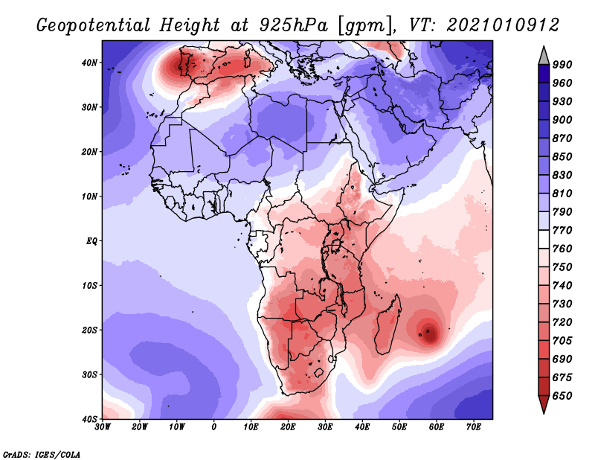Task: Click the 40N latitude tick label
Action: (89, 63)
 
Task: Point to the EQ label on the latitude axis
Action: (91, 241)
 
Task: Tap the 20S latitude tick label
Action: (89, 330)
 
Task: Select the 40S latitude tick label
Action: (89, 419)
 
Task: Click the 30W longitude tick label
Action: (103, 427)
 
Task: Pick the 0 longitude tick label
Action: (214, 427)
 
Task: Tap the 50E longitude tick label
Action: (399, 427)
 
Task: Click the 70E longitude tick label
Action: (474, 427)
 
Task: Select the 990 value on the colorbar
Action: (562, 65)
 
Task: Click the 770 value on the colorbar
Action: (562, 230)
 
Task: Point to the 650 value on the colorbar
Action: (562, 396)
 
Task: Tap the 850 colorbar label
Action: (562, 156)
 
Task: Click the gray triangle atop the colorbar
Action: (544, 57)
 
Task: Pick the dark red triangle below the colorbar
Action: (544, 403)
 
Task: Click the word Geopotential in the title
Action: (94, 25)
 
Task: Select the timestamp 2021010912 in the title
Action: (503, 25)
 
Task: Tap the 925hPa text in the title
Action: (294, 25)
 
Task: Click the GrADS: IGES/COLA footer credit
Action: (42, 454)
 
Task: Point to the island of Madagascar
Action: (387, 324)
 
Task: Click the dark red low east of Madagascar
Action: (429, 333)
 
